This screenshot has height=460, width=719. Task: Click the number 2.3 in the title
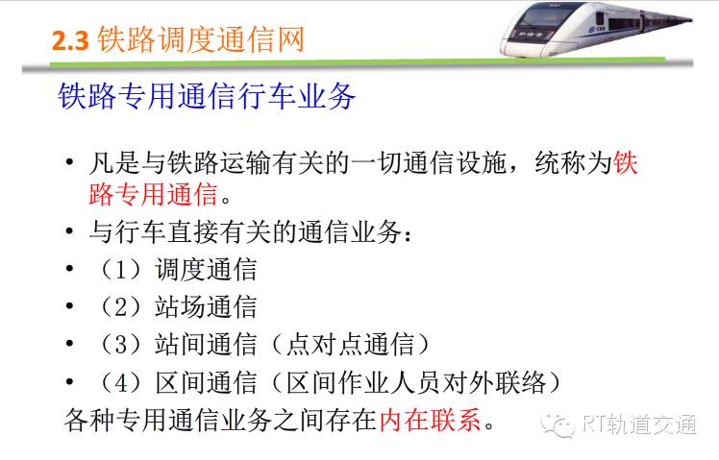pos(70,40)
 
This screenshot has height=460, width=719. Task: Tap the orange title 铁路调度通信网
pos(201,39)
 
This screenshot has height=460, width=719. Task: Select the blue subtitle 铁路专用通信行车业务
pos(207,96)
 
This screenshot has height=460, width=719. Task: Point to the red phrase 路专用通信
pos(153,194)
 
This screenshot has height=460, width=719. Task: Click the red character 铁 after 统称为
pos(626,162)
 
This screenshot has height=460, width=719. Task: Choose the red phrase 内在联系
pos(430,420)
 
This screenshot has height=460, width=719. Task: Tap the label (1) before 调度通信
pos(120,270)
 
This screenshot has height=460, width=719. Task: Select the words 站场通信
pos(206,307)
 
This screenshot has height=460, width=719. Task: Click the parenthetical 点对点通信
pos(350,345)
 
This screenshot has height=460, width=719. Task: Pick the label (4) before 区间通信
pos(120,382)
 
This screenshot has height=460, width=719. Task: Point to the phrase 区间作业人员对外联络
pos(416,382)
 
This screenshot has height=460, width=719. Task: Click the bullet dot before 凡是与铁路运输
pos(70,162)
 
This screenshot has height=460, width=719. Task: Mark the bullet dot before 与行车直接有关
pos(70,231)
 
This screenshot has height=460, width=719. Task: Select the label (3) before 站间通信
pos(120,345)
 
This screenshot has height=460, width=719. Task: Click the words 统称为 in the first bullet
pos(573,162)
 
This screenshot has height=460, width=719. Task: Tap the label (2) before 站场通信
pos(120,307)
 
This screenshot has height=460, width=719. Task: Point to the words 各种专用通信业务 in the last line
pos(168,420)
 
